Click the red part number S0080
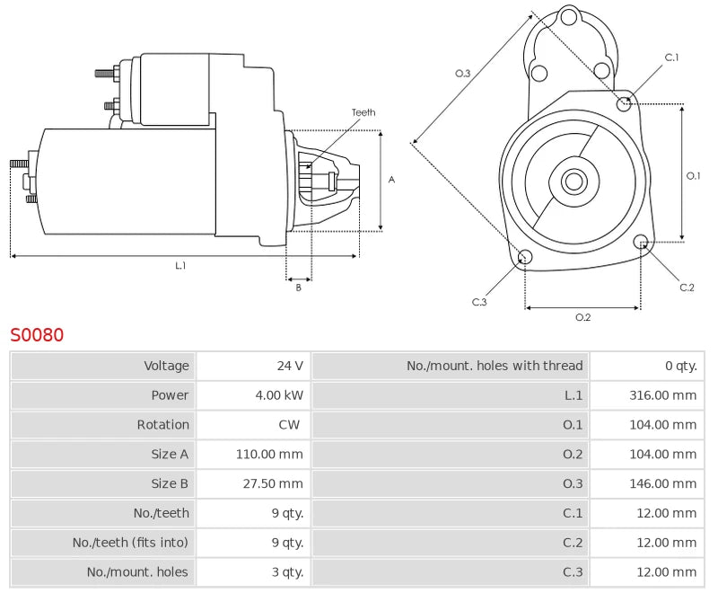[37, 335]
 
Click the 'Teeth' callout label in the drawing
[363, 112]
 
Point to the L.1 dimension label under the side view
[180, 265]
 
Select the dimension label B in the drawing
[299, 288]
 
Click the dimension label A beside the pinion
[391, 180]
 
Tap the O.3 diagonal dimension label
[463, 74]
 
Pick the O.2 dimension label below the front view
[582, 316]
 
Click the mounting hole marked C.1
[625, 104]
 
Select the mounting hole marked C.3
[526, 259]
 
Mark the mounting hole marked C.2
[641, 242]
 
